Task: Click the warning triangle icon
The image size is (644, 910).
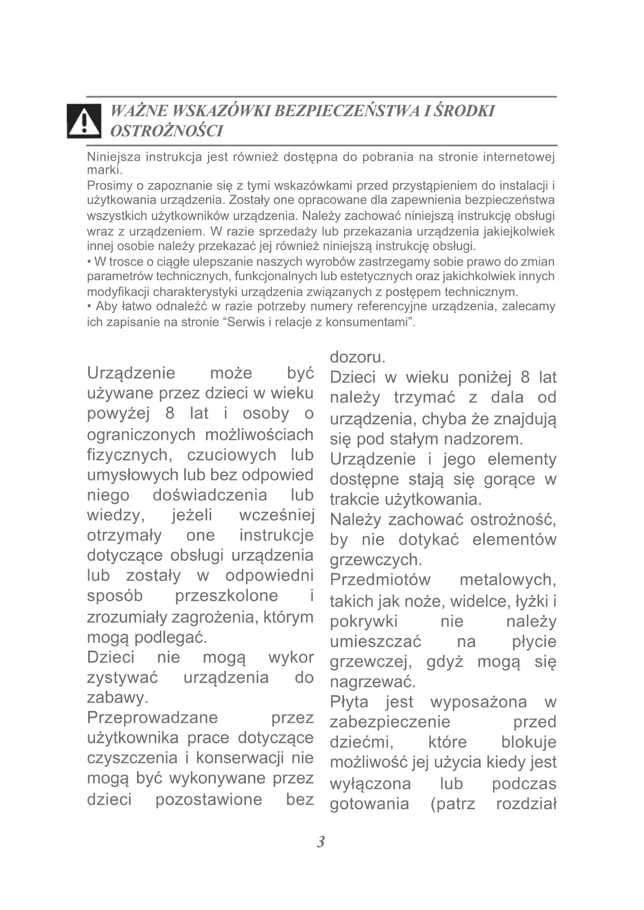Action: click(x=84, y=121)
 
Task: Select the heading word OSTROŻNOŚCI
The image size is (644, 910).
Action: click(x=167, y=131)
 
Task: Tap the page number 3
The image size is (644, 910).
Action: click(x=321, y=842)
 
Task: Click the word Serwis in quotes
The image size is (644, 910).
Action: click(x=245, y=322)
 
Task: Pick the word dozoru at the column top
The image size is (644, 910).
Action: click(x=357, y=357)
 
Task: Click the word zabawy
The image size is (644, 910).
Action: click(x=117, y=697)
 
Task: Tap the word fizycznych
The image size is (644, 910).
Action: click(x=128, y=455)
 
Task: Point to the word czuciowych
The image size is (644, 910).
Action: click(x=231, y=455)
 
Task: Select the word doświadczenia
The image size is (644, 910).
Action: click(x=210, y=495)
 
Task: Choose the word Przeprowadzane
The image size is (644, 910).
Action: click(x=153, y=718)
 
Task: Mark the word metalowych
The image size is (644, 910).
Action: click(x=508, y=580)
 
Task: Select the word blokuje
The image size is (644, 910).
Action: click(x=528, y=742)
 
